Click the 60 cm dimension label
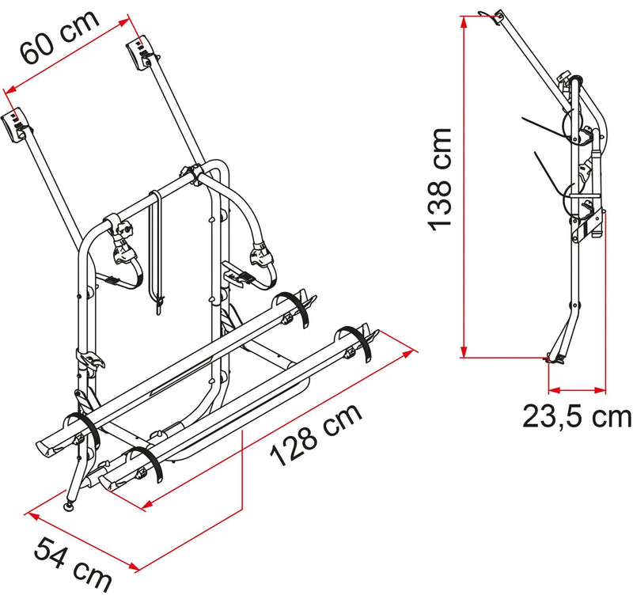point(61,36)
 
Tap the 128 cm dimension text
point(316,434)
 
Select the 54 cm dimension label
point(73,565)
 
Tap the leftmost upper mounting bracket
point(14,127)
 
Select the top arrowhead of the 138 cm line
point(464,22)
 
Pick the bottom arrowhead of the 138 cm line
point(464,351)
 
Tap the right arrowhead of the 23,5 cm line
point(600,390)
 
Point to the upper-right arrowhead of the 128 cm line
point(407,355)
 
